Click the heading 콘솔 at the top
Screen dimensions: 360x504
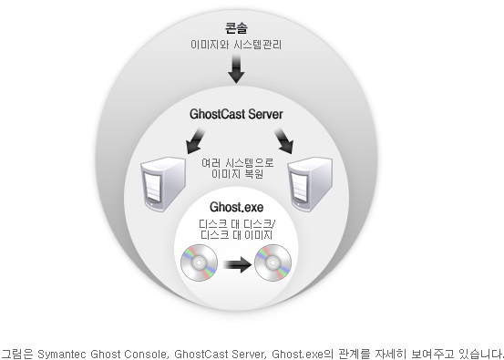pos(236,27)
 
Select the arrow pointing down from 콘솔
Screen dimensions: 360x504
pos(236,69)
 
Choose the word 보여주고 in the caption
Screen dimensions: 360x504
pos(432,351)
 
